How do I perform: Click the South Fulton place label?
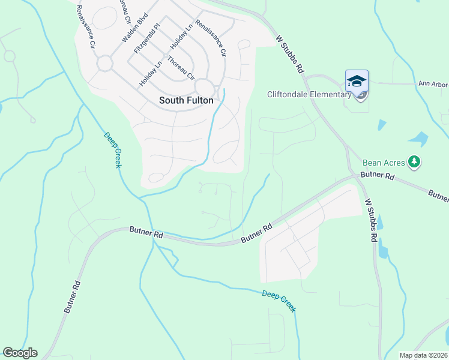click(x=185, y=100)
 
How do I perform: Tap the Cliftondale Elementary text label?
click(x=309, y=94)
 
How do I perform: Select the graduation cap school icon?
click(x=357, y=81)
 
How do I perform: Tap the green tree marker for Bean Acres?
click(x=414, y=161)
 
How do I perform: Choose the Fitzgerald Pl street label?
click(x=148, y=40)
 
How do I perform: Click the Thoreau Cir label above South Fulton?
click(x=181, y=68)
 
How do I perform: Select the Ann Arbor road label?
click(x=432, y=85)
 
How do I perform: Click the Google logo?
click(x=20, y=353)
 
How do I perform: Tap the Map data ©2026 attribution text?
click(x=423, y=355)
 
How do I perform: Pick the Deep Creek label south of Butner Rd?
click(x=279, y=301)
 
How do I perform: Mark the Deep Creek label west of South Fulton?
click(x=112, y=149)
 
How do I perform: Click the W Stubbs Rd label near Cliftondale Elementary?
click(x=290, y=54)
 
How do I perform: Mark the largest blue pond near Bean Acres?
click(x=418, y=139)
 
